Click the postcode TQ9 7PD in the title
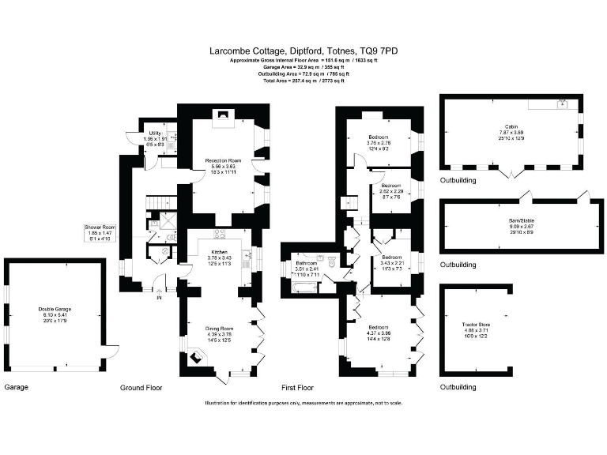coord(379,51)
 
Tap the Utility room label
coord(155,133)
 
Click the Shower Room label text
coord(100,227)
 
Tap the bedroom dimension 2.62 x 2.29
coord(390,191)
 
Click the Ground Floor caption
coord(141,388)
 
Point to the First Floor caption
coord(298,388)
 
